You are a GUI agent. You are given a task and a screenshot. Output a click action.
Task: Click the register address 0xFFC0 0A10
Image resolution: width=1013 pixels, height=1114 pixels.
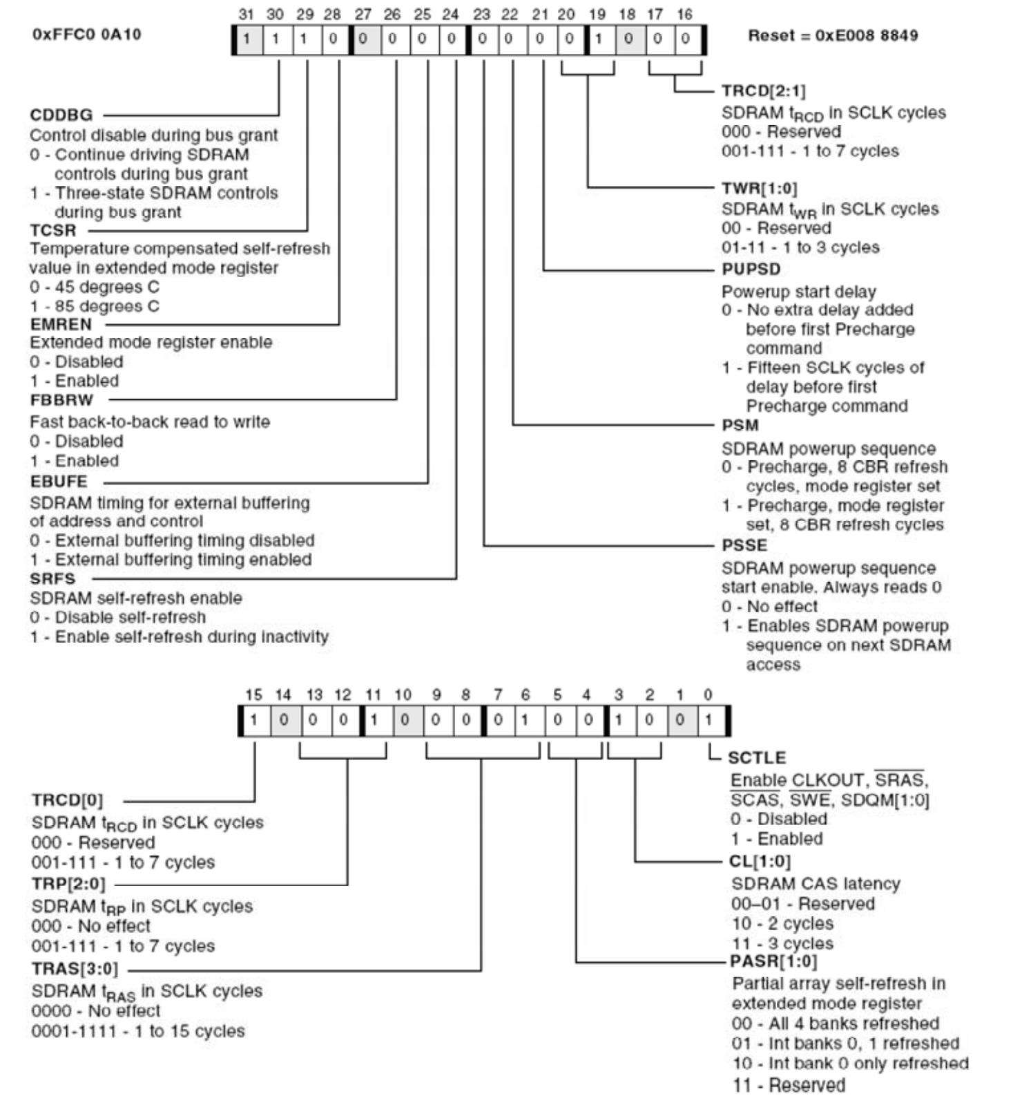[x=86, y=35]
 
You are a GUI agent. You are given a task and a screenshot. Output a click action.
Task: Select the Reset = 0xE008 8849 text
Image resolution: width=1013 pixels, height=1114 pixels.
[x=833, y=36]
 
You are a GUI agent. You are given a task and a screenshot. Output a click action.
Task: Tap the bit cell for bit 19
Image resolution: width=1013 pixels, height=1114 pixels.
[x=599, y=39]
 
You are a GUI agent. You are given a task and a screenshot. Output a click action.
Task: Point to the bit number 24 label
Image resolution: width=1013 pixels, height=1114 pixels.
[x=450, y=14]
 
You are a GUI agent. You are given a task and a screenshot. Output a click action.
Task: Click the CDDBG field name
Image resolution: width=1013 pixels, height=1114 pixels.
[x=61, y=115]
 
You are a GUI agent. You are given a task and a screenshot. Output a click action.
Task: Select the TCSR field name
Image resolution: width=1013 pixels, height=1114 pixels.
[x=53, y=230]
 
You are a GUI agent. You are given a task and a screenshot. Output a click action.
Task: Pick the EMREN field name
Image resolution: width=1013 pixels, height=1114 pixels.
[x=61, y=324]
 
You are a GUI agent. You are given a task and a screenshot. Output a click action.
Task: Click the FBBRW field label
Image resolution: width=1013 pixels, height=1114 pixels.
[x=61, y=400]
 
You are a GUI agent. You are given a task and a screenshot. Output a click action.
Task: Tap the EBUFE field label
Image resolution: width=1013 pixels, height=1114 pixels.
[x=59, y=482]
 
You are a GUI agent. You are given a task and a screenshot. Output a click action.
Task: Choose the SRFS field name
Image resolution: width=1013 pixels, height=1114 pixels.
[x=52, y=578]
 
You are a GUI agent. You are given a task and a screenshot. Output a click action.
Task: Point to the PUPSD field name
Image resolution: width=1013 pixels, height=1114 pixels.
[x=751, y=269]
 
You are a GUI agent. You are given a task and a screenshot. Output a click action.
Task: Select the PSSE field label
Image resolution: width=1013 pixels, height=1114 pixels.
[x=744, y=545]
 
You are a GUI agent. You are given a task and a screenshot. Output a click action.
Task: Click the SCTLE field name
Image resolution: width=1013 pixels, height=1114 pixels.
[x=757, y=758]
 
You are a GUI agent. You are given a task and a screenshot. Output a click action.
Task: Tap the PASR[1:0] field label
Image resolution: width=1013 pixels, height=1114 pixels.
[x=773, y=961]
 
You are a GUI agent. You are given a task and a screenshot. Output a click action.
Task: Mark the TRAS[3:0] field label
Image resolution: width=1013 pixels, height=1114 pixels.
[x=75, y=969]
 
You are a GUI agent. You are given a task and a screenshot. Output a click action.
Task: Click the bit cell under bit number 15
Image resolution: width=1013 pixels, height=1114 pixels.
[x=254, y=721]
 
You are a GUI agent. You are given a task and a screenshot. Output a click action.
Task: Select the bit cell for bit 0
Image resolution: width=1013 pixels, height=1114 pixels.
[x=708, y=721]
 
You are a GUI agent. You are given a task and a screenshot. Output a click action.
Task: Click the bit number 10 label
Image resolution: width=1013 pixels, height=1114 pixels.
[x=403, y=695]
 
